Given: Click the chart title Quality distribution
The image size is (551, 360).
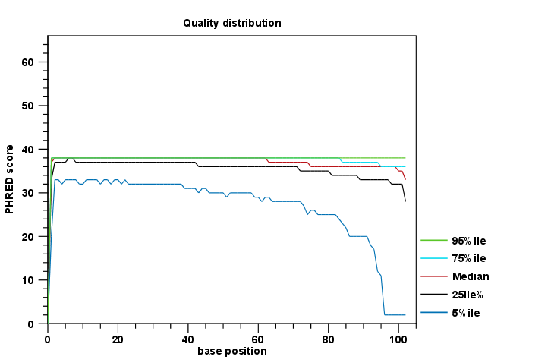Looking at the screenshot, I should [x=232, y=23].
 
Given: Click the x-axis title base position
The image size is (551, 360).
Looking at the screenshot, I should [x=232, y=351].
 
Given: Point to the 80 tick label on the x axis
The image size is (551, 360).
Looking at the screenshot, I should [x=329, y=337].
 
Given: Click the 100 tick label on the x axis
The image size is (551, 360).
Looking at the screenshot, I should [x=398, y=337].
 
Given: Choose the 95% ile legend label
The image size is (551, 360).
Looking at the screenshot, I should [x=468, y=240].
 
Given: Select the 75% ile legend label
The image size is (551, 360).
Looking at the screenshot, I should [x=468, y=258].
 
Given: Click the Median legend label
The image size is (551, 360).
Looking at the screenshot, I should [x=470, y=276].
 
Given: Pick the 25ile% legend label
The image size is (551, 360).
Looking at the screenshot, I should [x=468, y=295].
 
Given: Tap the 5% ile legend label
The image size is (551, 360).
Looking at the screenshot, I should [x=465, y=313].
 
